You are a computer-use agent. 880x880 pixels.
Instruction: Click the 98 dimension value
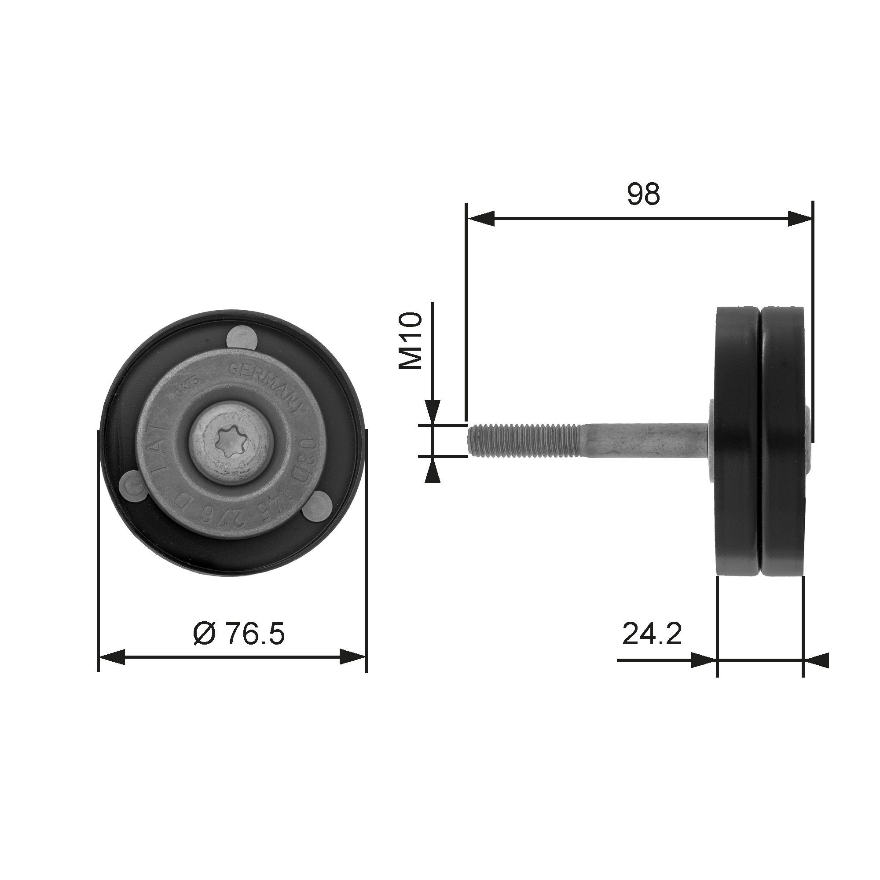pyautogui.click(x=643, y=194)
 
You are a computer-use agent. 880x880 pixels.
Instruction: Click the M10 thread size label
pyautogui.click(x=411, y=341)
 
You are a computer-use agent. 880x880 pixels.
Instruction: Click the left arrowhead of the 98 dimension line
pyautogui.click(x=481, y=218)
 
